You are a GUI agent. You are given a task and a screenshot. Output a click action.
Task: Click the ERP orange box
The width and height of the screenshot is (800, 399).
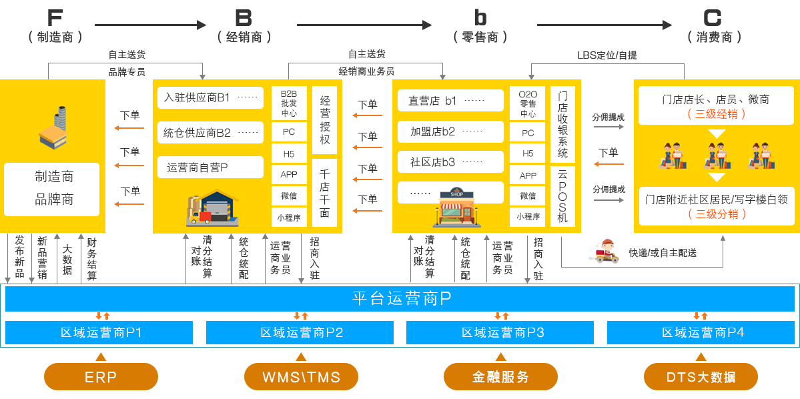pyautogui.click(x=101, y=376)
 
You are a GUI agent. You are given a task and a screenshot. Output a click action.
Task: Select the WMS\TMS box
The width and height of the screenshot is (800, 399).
pyautogui.click(x=301, y=376)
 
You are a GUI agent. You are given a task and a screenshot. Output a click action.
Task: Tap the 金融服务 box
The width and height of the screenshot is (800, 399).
pyautogui.click(x=500, y=376)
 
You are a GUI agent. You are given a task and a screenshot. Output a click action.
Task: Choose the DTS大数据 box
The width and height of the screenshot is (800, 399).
pyautogui.click(x=701, y=376)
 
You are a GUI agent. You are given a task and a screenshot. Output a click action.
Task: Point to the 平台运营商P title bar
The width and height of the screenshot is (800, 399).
pyautogui.click(x=400, y=298)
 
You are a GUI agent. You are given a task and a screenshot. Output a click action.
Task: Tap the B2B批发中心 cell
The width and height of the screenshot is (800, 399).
pyautogui.click(x=289, y=103)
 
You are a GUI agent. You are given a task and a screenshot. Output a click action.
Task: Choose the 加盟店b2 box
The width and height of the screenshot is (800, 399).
pyautogui.click(x=450, y=131)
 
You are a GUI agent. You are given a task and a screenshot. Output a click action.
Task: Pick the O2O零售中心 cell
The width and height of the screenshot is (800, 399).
pyautogui.click(x=528, y=103)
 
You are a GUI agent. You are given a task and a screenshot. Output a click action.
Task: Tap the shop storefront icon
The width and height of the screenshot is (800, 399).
pyautogui.click(x=457, y=208)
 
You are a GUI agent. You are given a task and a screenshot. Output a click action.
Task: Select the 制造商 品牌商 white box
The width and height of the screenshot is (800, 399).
pyautogui.click(x=52, y=189)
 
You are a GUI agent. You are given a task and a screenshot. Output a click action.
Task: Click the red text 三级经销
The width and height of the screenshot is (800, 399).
pyautogui.click(x=717, y=114)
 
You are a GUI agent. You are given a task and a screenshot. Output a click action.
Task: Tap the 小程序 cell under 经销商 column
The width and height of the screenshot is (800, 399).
pyautogui.click(x=289, y=217)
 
